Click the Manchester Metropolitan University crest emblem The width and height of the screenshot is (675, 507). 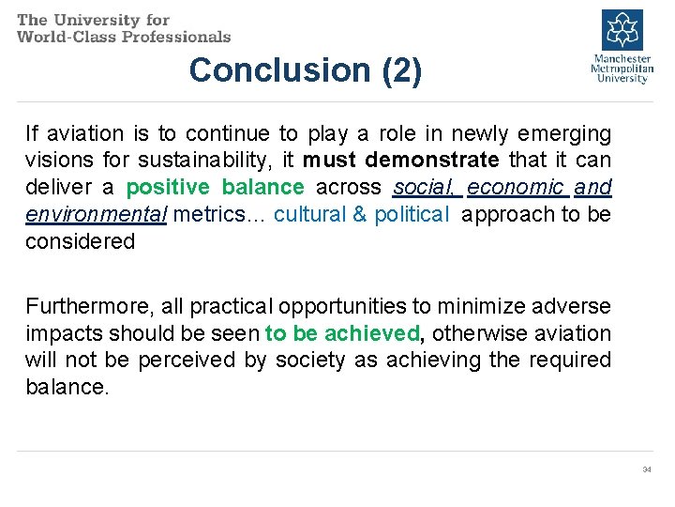tap(620, 29)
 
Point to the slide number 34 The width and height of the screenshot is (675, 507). tap(647, 469)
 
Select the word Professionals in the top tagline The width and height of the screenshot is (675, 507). tap(178, 37)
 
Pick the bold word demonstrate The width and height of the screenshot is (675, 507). tap(432, 161)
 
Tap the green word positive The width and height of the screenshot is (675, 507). tap(168, 187)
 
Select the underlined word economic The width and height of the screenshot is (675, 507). tap(517, 187)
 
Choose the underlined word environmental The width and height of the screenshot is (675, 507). tap(96, 214)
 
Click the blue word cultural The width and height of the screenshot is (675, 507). tap(309, 214)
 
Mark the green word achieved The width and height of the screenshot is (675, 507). tap(375, 333)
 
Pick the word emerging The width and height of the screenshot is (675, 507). tap(566, 133)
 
